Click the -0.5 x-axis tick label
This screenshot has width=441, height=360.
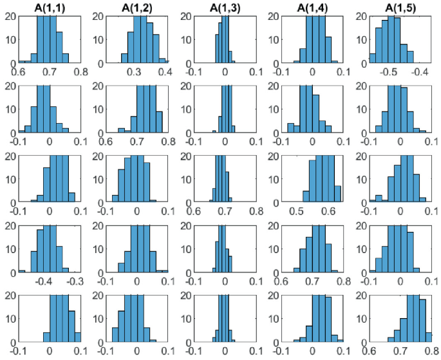388,72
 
